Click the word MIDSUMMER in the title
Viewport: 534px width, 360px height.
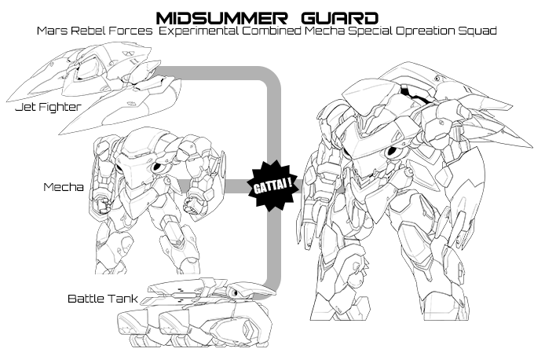pyautogui.click(x=221, y=18)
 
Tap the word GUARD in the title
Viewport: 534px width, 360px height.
pyautogui.click(x=340, y=18)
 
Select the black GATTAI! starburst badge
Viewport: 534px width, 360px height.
pyautogui.click(x=272, y=186)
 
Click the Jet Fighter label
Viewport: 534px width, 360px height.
pyautogui.click(x=49, y=107)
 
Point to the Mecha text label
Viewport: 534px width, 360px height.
pyautogui.click(x=64, y=187)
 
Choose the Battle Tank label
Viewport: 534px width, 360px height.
pyautogui.click(x=103, y=299)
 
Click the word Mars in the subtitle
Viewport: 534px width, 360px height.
pyautogui.click(x=52, y=31)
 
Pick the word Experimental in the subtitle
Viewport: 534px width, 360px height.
pyautogui.click(x=199, y=31)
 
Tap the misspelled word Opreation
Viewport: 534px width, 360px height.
pyautogui.click(x=425, y=31)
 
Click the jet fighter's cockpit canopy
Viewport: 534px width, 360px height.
pyautogui.click(x=86, y=68)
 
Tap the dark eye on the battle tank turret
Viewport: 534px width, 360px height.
pyautogui.click(x=235, y=292)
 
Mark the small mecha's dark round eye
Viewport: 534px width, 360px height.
pyautogui.click(x=157, y=167)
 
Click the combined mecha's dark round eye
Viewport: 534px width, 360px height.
pyautogui.click(x=391, y=152)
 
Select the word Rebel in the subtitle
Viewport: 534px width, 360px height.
pyautogui.click(x=88, y=31)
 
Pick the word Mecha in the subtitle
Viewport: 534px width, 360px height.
pyautogui.click(x=324, y=31)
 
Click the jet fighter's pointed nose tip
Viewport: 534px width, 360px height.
pyautogui.click(x=8, y=101)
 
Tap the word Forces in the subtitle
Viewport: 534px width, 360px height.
pyautogui.click(x=131, y=31)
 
